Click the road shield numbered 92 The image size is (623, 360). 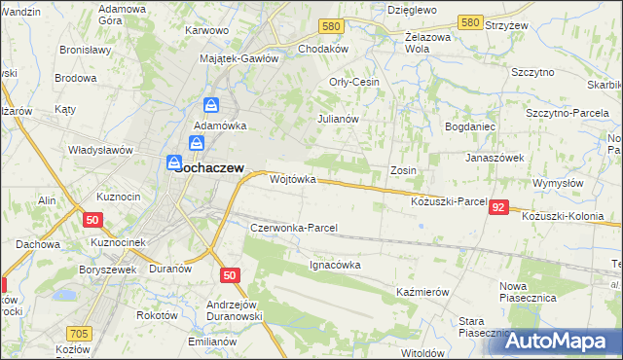tap(498, 207)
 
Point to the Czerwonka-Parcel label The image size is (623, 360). tap(293, 228)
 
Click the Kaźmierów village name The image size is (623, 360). tap(421, 292)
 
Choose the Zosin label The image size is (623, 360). tap(403, 170)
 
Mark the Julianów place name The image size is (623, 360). tap(339, 119)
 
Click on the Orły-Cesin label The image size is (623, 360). tap(354, 82)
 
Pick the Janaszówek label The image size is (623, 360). tap(495, 157)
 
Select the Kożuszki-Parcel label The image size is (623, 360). tap(449, 200)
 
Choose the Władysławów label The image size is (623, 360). tap(99, 150)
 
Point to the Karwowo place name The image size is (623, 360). tap(206, 30)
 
